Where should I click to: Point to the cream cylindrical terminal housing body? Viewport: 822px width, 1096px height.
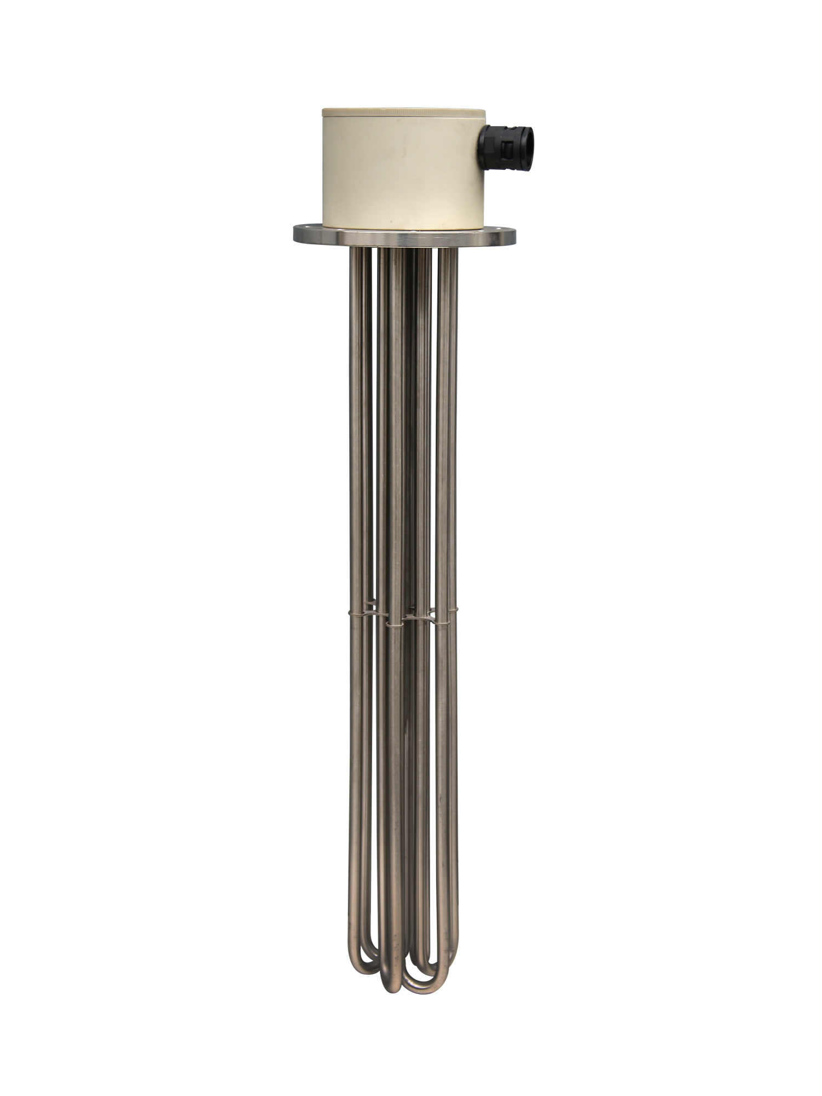coord(402,175)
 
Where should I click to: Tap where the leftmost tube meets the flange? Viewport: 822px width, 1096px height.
coord(356,249)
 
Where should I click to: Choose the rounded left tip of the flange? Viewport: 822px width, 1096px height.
coord(295,232)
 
